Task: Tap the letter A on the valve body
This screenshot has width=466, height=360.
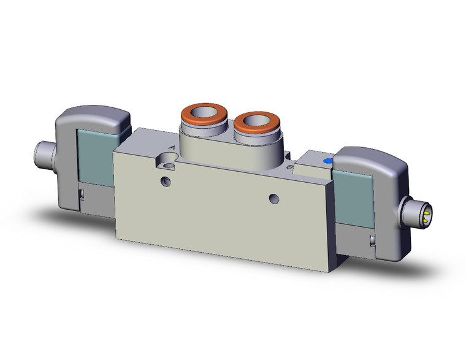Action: click(171, 148)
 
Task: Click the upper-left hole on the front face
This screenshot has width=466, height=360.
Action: click(164, 180)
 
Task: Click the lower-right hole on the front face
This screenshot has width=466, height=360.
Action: click(274, 197)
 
